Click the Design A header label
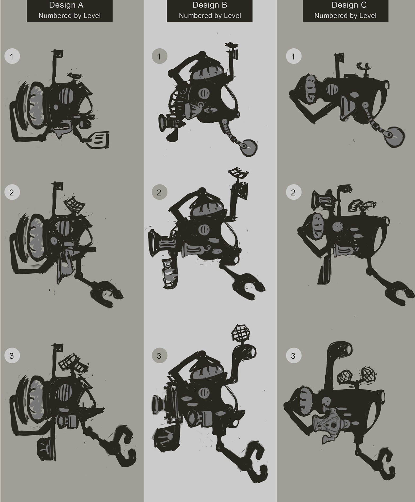click(x=70, y=11)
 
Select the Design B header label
click(x=209, y=11)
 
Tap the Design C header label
click(x=345, y=11)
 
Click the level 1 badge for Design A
click(x=12, y=56)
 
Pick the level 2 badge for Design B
click(x=159, y=192)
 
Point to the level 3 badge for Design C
click(x=294, y=356)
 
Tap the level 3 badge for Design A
click(x=12, y=356)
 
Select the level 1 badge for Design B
click(x=159, y=56)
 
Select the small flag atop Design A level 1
click(x=59, y=54)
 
